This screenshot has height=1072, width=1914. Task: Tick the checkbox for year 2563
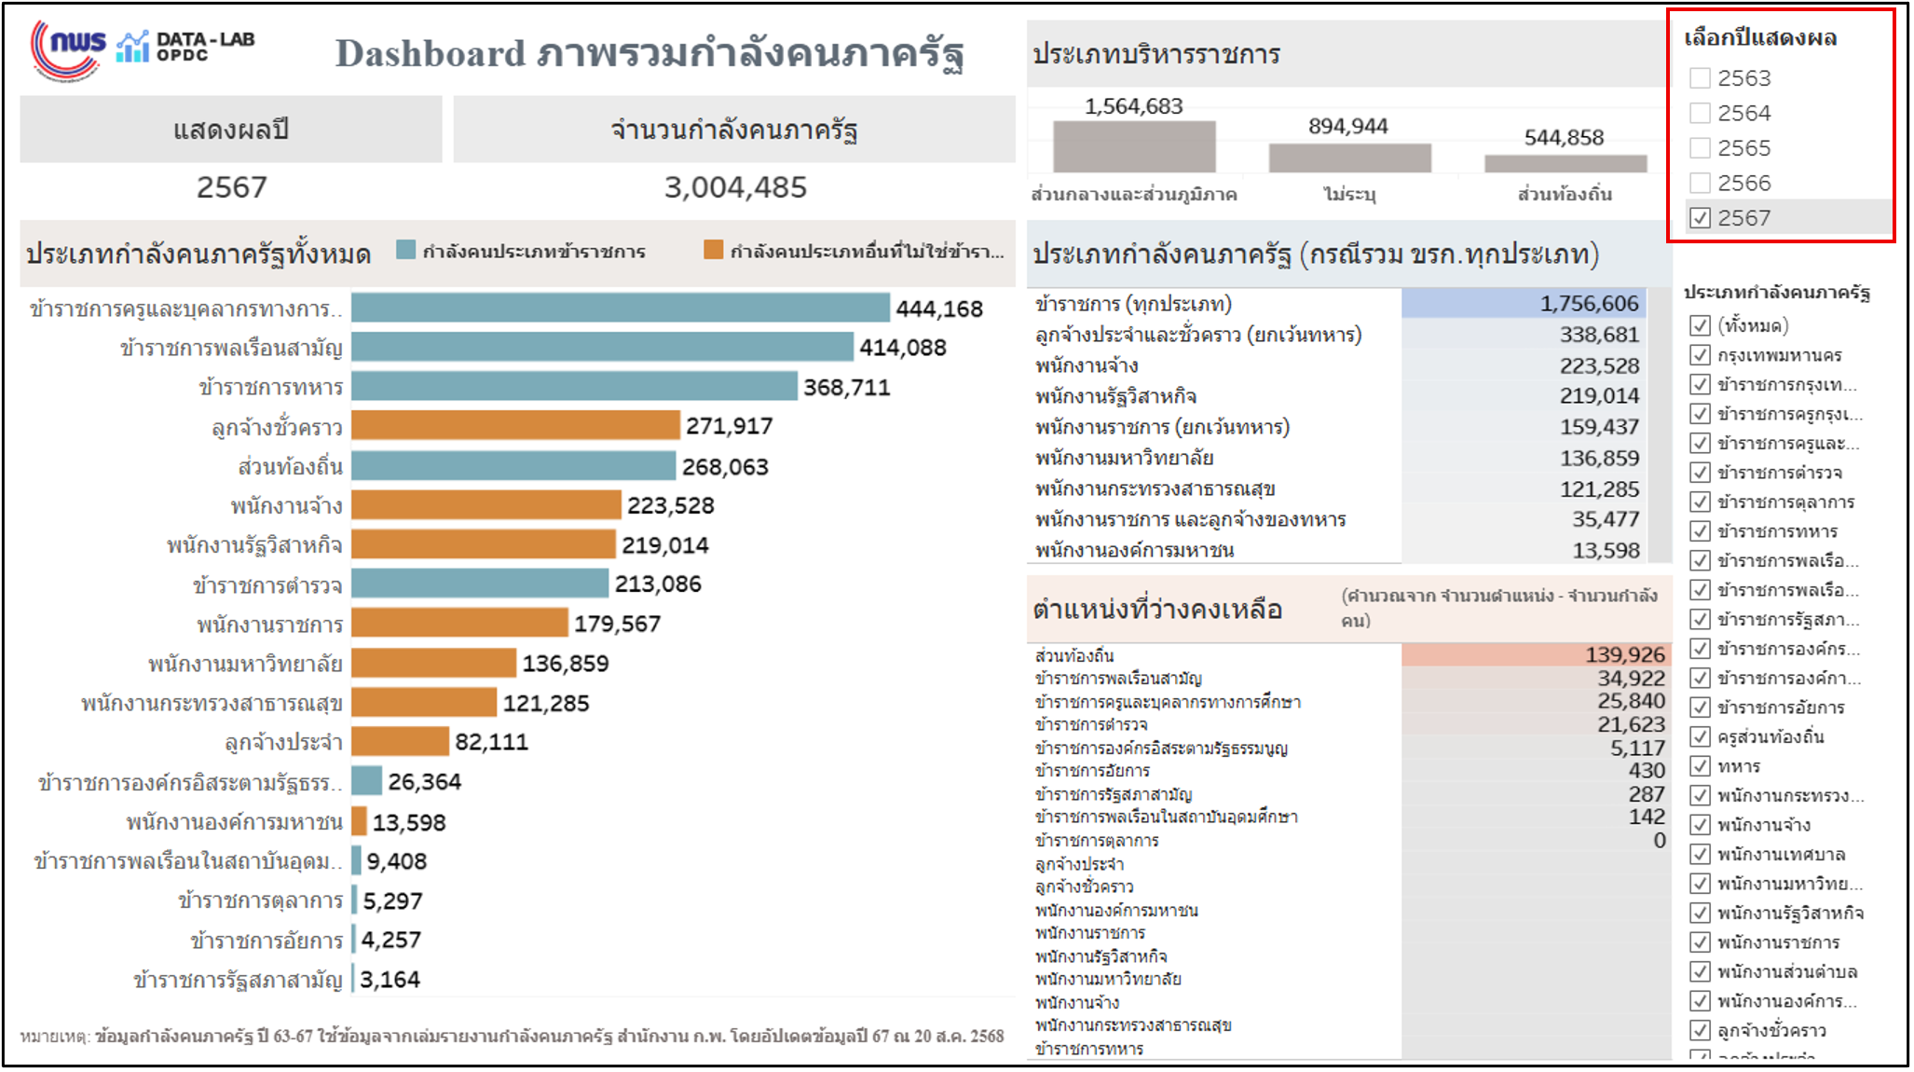[1700, 78]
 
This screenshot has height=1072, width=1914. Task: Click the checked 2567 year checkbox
[1700, 218]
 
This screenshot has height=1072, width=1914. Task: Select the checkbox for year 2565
[1700, 148]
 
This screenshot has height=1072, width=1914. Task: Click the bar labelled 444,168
[620, 308]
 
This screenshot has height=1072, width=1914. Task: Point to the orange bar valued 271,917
[515, 425]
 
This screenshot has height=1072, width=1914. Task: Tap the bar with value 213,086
[480, 584]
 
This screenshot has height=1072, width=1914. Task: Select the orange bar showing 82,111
[401, 742]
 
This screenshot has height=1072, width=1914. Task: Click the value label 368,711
[846, 387]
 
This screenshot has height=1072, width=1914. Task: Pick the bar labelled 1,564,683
[1134, 146]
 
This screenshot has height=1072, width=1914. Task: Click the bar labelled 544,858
[1565, 163]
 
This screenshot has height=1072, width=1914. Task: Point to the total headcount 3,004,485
[734, 187]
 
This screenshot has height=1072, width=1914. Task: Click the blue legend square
[405, 250]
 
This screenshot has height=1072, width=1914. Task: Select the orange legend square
[713, 250]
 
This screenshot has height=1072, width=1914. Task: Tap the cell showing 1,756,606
[1588, 304]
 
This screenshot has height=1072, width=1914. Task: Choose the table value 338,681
[1598, 335]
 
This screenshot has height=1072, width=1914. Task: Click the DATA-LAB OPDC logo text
[204, 47]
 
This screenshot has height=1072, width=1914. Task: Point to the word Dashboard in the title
[430, 54]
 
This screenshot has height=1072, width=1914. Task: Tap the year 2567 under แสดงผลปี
[231, 187]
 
